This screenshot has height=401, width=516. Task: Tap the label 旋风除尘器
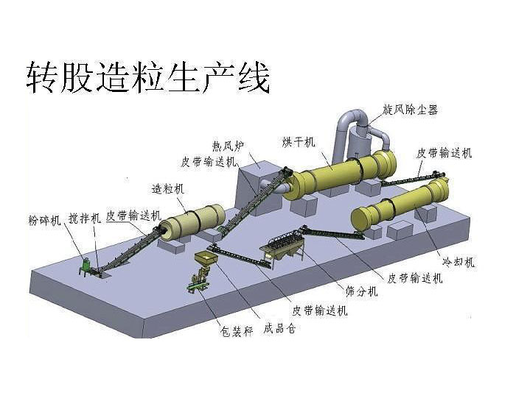(410, 110)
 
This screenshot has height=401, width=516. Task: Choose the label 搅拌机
(85, 219)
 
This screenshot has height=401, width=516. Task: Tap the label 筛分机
(361, 291)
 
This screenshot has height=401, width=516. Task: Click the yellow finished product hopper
(204, 259)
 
